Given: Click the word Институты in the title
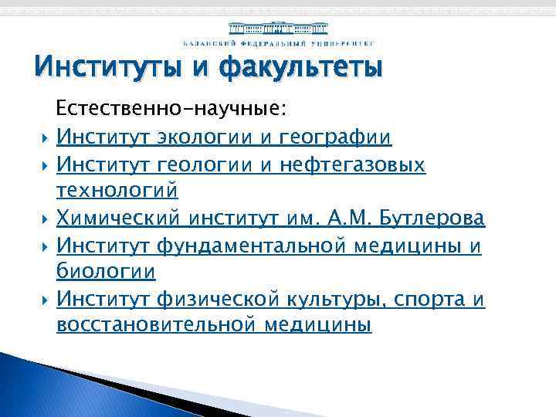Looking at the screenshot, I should click(106, 69).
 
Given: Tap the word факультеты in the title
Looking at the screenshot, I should click(300, 69).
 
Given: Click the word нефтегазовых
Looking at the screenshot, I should click(351, 165).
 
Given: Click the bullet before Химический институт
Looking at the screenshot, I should click(46, 219).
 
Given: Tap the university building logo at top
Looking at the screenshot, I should click(278, 29).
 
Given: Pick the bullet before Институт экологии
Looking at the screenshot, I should click(46, 139).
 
